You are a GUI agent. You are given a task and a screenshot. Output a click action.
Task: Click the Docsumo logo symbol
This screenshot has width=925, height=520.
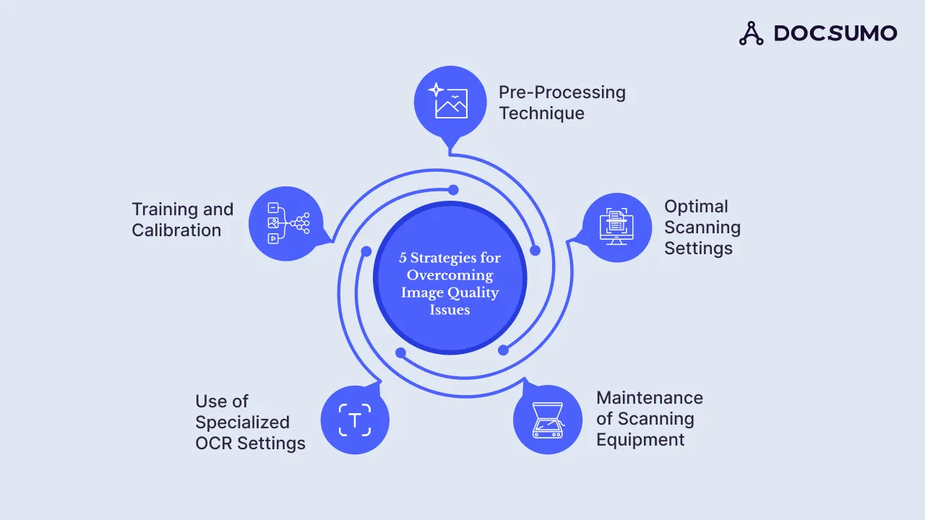[x=752, y=33]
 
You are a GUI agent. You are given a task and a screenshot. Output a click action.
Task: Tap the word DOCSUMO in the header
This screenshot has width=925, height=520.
[x=835, y=33]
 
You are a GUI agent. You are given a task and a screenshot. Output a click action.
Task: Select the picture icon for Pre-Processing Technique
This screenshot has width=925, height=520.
[x=449, y=100]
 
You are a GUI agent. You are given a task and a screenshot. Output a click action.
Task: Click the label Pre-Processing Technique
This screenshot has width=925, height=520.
[x=562, y=103]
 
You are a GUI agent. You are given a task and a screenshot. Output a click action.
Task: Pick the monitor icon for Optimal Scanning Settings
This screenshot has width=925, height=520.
[x=616, y=227]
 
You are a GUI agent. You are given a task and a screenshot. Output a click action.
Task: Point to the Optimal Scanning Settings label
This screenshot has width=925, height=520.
[x=702, y=227]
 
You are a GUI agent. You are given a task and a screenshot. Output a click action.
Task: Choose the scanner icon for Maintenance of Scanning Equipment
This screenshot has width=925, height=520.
[x=547, y=420]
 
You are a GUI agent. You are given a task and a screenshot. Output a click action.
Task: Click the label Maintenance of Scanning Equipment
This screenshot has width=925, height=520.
[x=649, y=419]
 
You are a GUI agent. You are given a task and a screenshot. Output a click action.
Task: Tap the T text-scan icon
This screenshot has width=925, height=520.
[x=355, y=420]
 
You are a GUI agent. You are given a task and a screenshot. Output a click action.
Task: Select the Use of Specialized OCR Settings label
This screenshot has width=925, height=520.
[x=250, y=422]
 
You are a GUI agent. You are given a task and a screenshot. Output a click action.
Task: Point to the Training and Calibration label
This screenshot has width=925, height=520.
[x=182, y=220]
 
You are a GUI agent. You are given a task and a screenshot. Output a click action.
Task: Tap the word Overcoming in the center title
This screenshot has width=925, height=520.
[x=449, y=275]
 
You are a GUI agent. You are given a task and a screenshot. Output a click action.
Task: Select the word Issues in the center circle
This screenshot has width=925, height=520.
[x=449, y=310]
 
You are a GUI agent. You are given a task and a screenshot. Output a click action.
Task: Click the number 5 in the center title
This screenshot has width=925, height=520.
[x=403, y=258]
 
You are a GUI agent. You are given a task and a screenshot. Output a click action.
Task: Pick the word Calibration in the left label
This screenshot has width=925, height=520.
[x=176, y=230]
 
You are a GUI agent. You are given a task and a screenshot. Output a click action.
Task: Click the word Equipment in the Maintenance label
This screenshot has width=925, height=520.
[x=640, y=440]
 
